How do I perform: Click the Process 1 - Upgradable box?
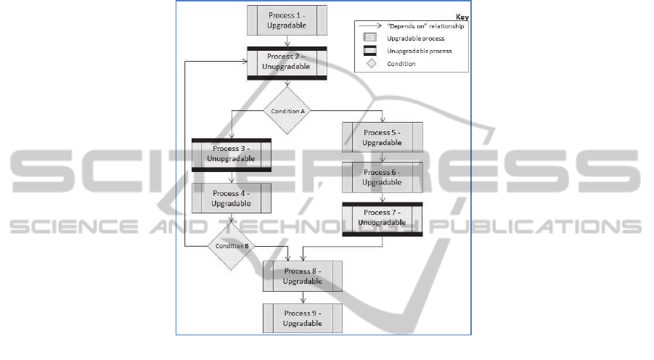click(287, 20)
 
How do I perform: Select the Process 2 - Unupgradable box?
click(287, 62)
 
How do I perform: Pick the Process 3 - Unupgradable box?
click(231, 154)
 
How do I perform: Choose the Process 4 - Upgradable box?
click(231, 198)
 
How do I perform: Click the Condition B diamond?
click(231, 246)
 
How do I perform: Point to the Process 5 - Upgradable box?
click(383, 137)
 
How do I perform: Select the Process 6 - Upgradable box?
click(383, 177)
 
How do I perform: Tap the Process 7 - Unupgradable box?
click(383, 218)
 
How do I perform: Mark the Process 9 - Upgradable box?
click(303, 318)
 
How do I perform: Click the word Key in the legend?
click(462, 16)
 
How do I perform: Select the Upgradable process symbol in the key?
click(370, 38)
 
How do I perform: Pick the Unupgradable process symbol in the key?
click(370, 51)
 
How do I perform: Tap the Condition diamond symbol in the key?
click(370, 63)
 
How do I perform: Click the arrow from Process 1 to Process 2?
click(287, 41)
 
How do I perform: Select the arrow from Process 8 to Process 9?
click(303, 297)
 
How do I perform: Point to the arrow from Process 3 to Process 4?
click(231, 176)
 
